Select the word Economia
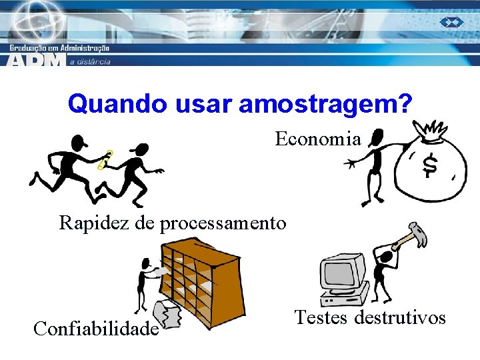click(318, 139)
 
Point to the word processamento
click(223, 223)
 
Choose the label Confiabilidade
click(96, 329)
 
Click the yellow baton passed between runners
click(105, 161)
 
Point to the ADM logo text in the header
click(37, 59)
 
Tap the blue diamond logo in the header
click(451, 22)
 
